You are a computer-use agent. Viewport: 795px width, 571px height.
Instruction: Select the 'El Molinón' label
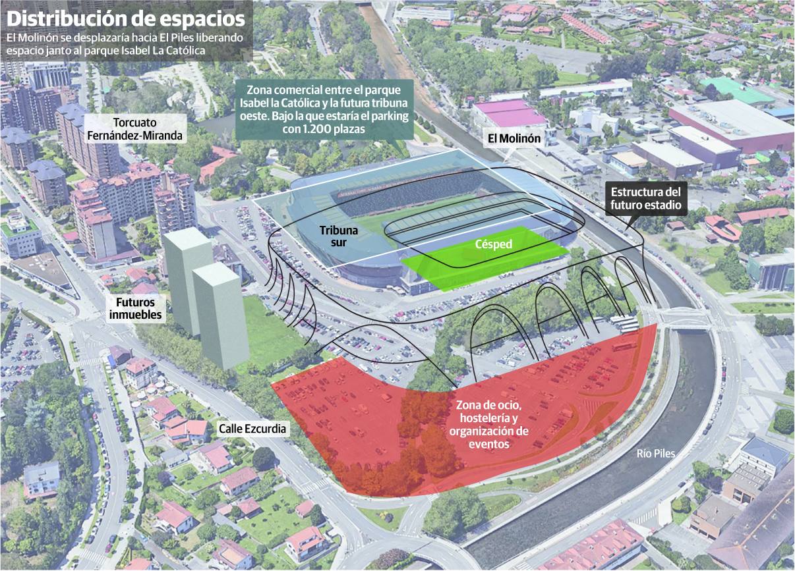click(514, 139)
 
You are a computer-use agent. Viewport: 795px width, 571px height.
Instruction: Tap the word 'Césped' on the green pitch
click(494, 244)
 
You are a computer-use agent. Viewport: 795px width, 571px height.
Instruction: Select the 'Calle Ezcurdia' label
click(253, 429)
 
